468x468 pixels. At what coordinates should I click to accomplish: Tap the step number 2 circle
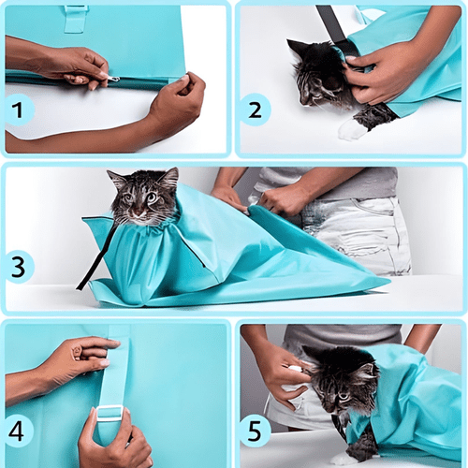(255, 110)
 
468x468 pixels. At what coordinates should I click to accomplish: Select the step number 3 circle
(19, 267)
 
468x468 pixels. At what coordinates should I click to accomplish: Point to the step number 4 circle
(19, 431)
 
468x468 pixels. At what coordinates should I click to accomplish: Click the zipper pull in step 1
(111, 80)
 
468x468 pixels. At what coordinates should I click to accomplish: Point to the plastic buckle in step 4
(110, 413)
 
